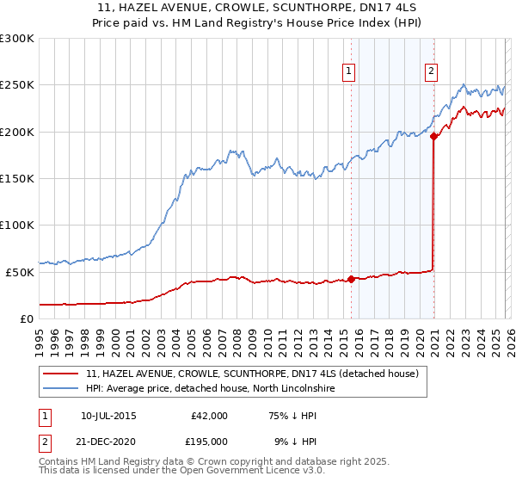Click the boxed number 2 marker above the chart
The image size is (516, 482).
(430, 72)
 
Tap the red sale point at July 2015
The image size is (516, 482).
(351, 279)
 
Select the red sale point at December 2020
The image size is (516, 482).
(434, 136)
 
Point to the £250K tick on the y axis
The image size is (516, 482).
(17, 85)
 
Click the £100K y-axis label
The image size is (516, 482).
(17, 225)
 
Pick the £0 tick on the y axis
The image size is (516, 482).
(28, 318)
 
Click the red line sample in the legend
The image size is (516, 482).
(61, 374)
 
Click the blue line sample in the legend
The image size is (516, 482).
(61, 389)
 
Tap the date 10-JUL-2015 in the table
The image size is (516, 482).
(108, 416)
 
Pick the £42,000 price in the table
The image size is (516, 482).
(209, 416)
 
